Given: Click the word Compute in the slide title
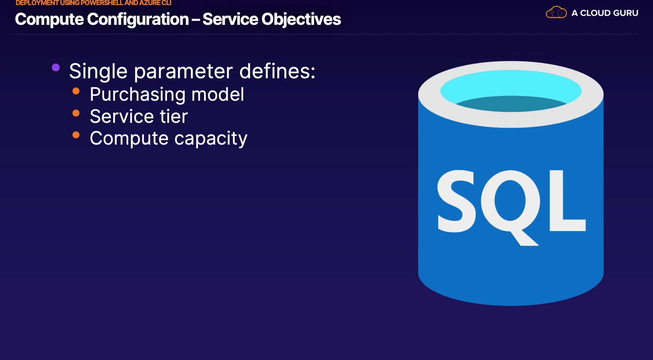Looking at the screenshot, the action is (x=49, y=19).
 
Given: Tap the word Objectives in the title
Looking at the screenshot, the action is (x=301, y=19).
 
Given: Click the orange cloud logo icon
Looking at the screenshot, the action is (x=556, y=13).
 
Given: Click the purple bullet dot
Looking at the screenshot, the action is (x=56, y=67).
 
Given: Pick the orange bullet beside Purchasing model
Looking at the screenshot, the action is (x=76, y=91).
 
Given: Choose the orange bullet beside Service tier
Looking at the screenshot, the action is (x=76, y=113).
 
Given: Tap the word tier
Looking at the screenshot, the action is (x=174, y=116).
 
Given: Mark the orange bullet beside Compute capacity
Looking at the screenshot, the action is (x=76, y=135).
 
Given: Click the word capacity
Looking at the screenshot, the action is (x=211, y=139).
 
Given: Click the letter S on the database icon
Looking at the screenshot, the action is (x=457, y=201).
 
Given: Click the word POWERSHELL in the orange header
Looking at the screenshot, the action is (x=102, y=3).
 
